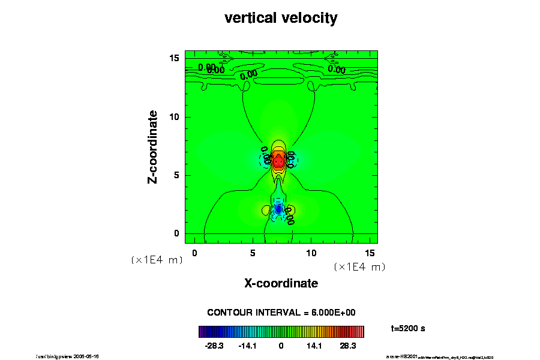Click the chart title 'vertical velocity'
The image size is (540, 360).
[x=281, y=18]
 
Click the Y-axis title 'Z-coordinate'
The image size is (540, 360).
[x=153, y=146]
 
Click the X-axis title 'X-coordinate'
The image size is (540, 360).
[x=281, y=283]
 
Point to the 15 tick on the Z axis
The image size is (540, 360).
[x=175, y=58]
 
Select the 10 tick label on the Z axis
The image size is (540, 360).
[x=175, y=117]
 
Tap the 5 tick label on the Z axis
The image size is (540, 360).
[x=177, y=175]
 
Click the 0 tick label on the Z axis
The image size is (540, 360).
[x=177, y=233]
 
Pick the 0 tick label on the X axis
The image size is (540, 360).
[x=194, y=253]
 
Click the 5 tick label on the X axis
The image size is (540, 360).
[x=253, y=253]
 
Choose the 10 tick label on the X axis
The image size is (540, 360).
[x=311, y=253]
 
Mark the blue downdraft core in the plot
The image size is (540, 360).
[x=278, y=209]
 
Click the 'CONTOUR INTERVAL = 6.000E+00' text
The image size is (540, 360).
[x=281, y=313]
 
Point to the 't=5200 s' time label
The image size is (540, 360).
[x=408, y=328]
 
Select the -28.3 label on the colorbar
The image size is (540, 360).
[x=214, y=346]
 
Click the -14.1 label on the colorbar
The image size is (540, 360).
[x=248, y=346]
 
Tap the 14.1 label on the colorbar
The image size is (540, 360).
[x=314, y=346]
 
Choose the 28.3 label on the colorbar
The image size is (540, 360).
[x=348, y=346]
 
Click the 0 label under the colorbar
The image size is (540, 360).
[x=281, y=346]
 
